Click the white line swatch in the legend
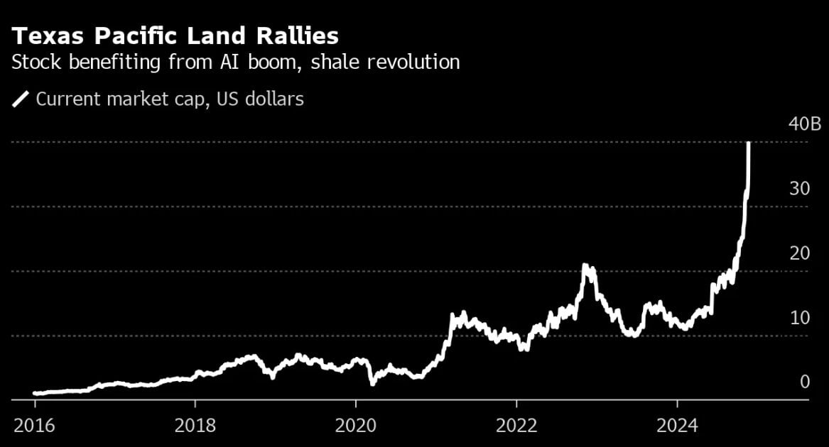[x=21, y=99]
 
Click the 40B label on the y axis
[x=804, y=125]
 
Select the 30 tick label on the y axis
[x=799, y=189]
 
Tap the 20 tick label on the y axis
[x=799, y=253]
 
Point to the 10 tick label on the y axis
[x=799, y=317]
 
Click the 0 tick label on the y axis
[x=804, y=382]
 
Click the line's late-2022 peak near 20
[x=585, y=267]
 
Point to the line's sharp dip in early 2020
[x=372, y=383]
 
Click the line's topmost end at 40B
[x=749, y=144]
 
